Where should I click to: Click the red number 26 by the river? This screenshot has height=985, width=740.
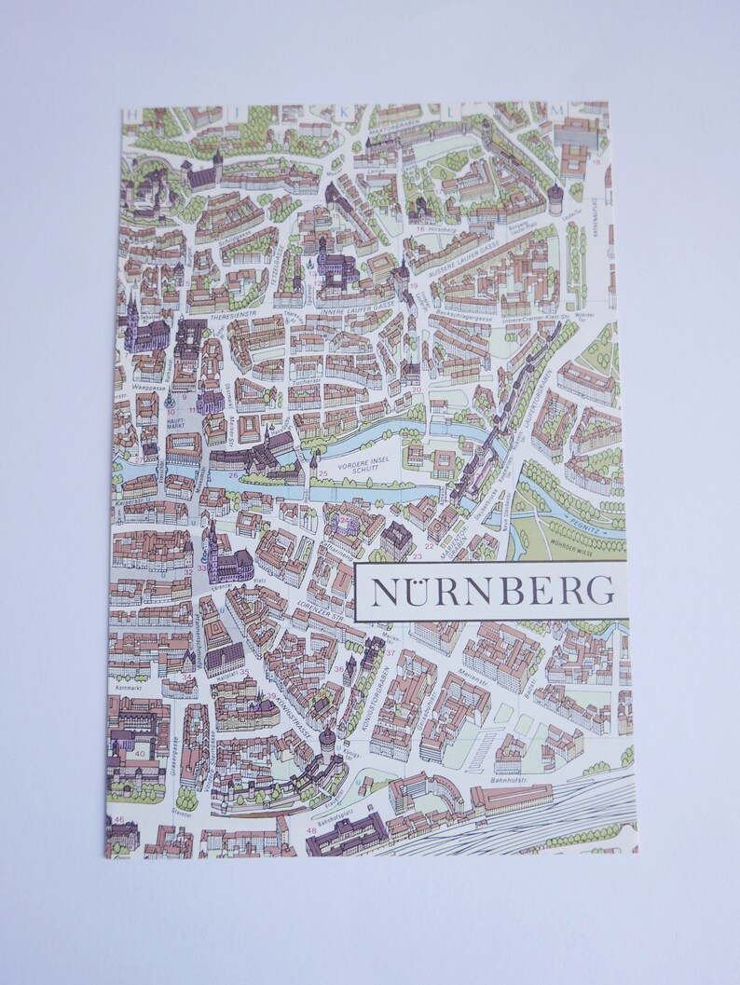point(233,475)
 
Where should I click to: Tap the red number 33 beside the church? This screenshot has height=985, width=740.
point(201,568)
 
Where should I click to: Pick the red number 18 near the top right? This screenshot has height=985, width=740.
point(596,160)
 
